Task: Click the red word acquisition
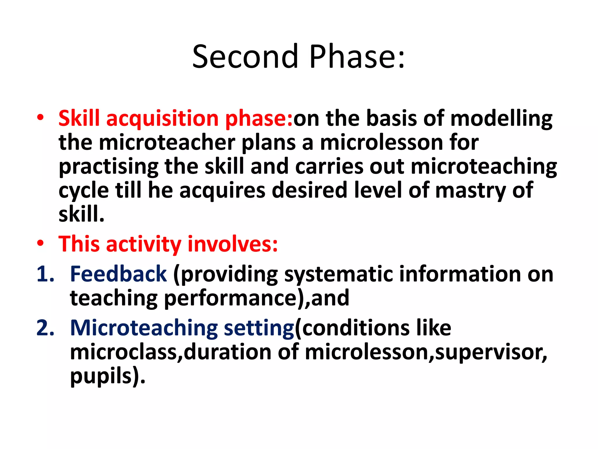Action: (162, 118)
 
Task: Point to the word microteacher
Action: (167, 143)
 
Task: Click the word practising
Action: (109, 167)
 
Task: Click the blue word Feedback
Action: (118, 274)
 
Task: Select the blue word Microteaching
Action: (144, 328)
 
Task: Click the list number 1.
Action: (45, 274)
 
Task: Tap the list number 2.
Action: (45, 328)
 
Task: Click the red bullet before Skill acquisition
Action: (40, 118)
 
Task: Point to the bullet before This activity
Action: (40, 243)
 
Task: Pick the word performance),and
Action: (256, 298)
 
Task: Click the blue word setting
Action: (259, 328)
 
